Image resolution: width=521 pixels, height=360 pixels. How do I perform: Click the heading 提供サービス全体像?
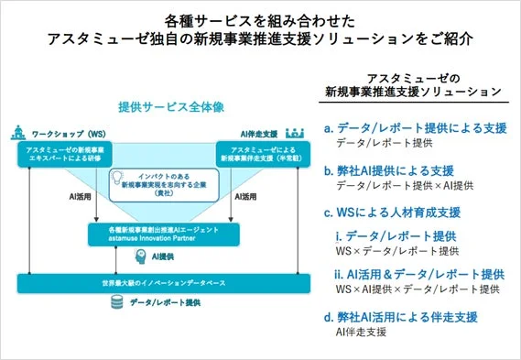pos(162,105)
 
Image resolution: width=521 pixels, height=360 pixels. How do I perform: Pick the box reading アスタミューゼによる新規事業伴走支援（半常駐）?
pos(265,153)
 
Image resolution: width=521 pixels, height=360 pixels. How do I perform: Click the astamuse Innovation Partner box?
pos(162,234)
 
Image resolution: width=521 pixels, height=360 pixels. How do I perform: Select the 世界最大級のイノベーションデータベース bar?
pos(162,282)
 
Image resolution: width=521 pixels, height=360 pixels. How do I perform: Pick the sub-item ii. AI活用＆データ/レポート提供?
pos(419,274)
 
